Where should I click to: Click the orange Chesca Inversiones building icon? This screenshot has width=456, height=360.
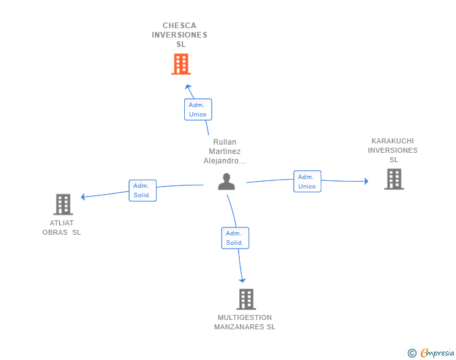click(x=181, y=64)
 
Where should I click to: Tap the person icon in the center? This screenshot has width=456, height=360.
click(x=227, y=182)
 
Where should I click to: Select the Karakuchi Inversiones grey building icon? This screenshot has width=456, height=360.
click(x=394, y=179)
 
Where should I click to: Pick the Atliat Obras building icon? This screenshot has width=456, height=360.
click(x=63, y=205)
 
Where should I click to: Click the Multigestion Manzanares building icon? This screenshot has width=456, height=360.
click(x=246, y=299)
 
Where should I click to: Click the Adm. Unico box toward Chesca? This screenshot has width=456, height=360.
click(x=198, y=110)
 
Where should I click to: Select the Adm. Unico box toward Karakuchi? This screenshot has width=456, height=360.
click(x=307, y=182)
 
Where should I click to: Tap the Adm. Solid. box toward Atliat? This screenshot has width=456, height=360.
click(x=143, y=190)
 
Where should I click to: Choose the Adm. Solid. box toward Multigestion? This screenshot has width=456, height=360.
click(x=235, y=238)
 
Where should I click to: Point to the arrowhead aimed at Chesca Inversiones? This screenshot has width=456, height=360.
click(x=188, y=86)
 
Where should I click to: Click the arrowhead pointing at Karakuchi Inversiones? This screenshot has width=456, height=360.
click(x=366, y=181)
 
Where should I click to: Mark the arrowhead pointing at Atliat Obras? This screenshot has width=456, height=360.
click(x=83, y=197)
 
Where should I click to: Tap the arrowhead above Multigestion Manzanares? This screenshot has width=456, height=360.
click(x=242, y=280)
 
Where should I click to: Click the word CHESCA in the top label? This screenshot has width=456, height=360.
click(x=179, y=26)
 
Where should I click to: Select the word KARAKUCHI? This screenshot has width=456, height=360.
click(x=393, y=141)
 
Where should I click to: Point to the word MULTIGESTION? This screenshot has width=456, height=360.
click(x=244, y=317)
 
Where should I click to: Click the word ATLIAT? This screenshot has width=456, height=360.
click(x=61, y=223)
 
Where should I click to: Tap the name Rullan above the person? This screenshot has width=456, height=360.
click(x=224, y=142)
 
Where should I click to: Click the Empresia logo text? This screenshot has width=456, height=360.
click(x=437, y=352)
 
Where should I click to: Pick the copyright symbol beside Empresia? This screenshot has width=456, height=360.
click(x=412, y=353)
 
